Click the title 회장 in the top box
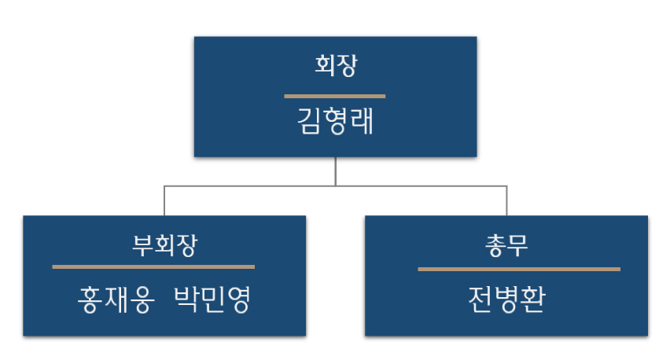[x=335, y=67]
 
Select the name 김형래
[x=335, y=123]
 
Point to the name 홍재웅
[x=115, y=299]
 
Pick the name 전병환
[x=506, y=299]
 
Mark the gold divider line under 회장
[x=335, y=96]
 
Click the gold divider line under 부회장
[x=153, y=267]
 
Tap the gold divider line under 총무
[x=519, y=269]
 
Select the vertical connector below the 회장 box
[x=336, y=171]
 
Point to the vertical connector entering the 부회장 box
[x=164, y=200]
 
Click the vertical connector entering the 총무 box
[x=506, y=200]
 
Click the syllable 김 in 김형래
[x=310, y=123]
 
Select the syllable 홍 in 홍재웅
[x=89, y=299]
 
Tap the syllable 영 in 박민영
[x=237, y=299]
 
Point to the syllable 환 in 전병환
[x=532, y=299]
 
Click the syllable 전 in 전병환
[x=480, y=299]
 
